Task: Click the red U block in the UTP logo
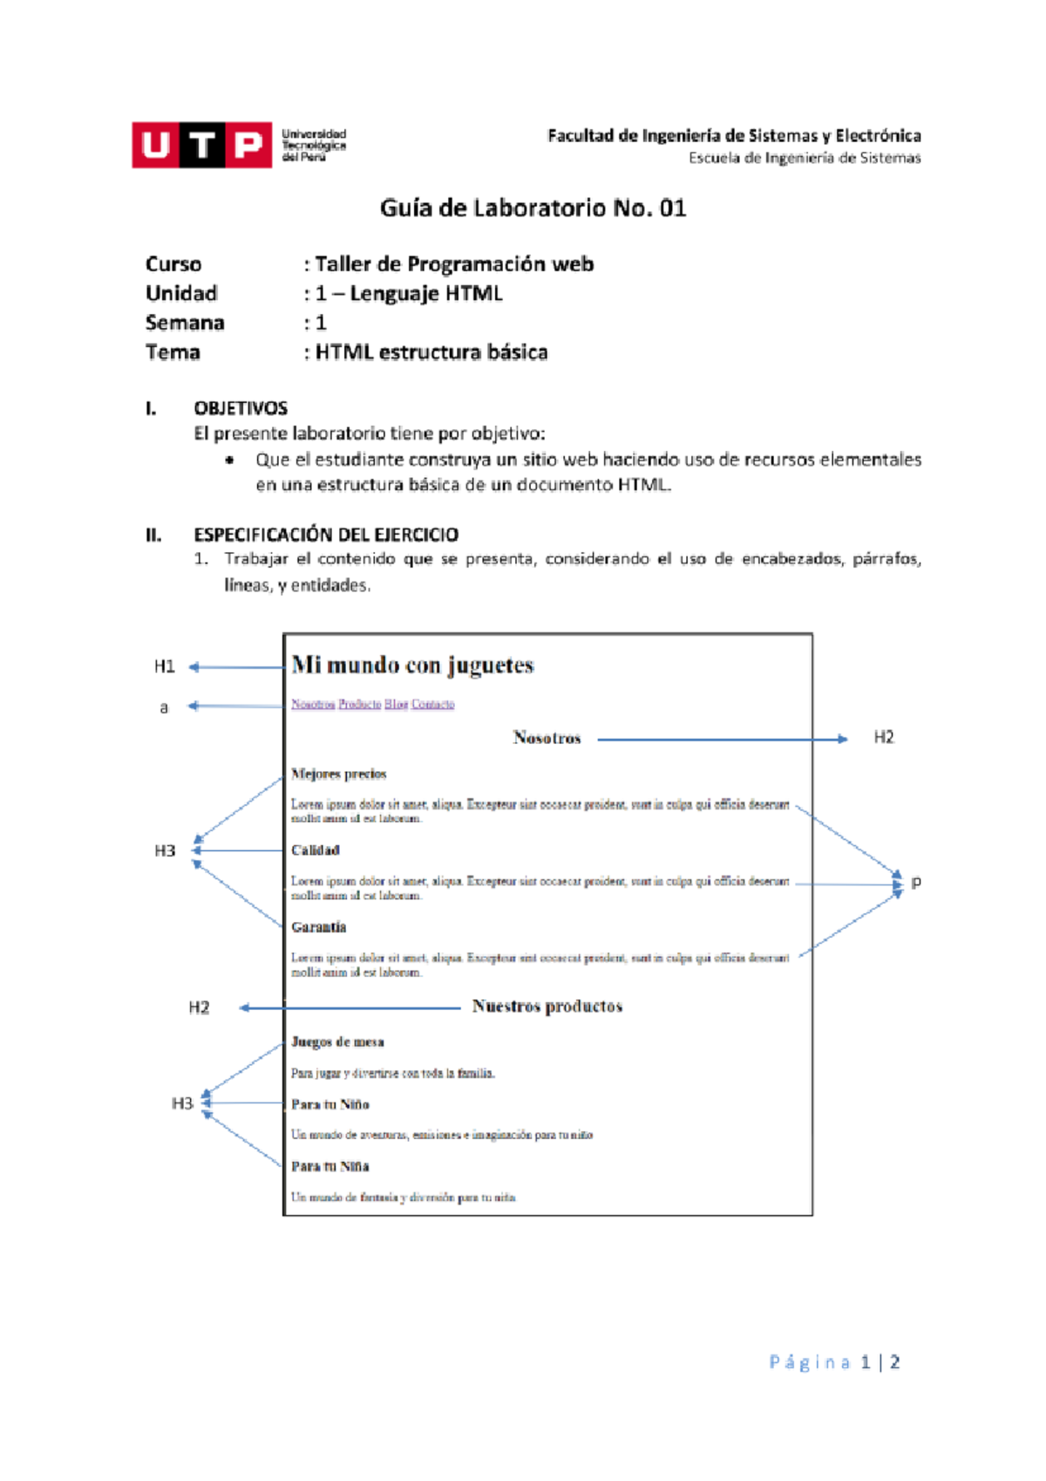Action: tap(155, 145)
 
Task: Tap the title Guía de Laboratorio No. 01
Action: tap(533, 208)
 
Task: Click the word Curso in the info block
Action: tap(173, 264)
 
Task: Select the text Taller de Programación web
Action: tap(453, 264)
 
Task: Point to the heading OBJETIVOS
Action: tap(241, 408)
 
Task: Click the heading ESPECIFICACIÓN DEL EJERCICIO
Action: tap(325, 535)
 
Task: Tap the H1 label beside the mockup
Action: tap(164, 667)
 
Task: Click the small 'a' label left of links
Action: tap(164, 707)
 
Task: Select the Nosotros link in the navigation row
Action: tap(313, 704)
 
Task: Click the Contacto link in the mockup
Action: tap(432, 704)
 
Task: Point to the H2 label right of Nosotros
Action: tap(883, 738)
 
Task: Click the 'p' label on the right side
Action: tap(915, 882)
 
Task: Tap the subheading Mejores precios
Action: tap(338, 774)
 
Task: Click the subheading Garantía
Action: tap(318, 927)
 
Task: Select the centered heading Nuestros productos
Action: tap(547, 1007)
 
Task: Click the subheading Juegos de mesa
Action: tap(337, 1042)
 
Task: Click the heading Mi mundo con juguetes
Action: tap(412, 665)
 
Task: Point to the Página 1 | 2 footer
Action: tap(834, 1362)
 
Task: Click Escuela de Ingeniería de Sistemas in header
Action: tap(804, 158)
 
